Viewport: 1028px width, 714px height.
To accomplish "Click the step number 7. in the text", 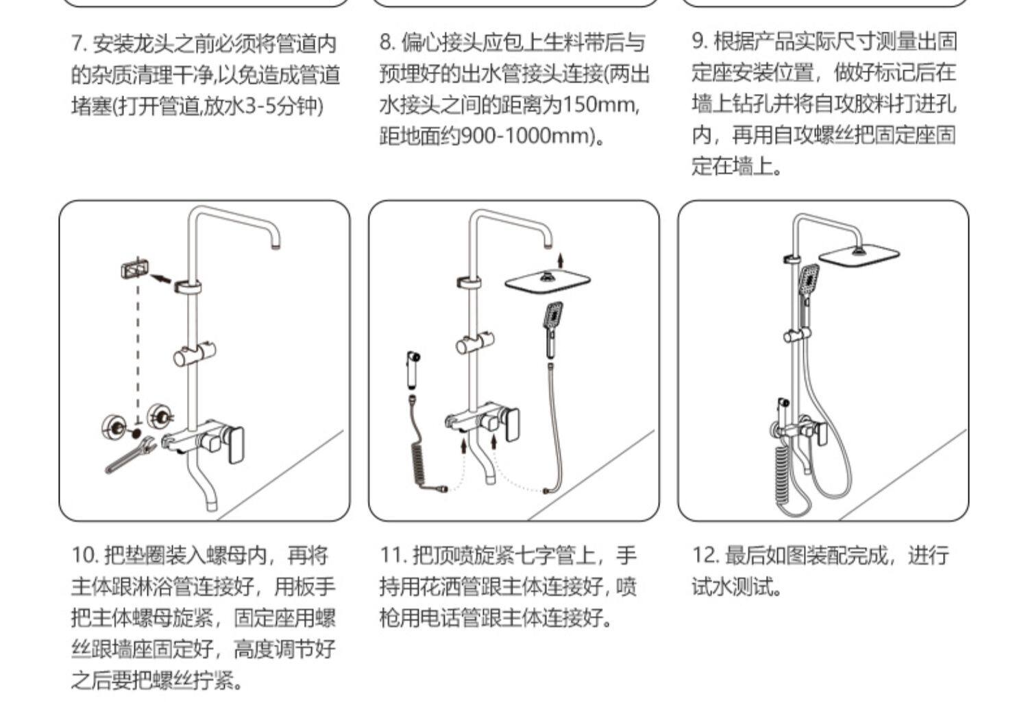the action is coord(79,45).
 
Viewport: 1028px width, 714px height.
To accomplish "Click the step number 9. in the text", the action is coord(699,42).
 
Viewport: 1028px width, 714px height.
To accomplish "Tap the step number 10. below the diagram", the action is coord(85,555).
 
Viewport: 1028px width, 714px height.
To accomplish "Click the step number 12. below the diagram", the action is coord(705,555).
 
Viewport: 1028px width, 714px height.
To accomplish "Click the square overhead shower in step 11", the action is coord(548,281).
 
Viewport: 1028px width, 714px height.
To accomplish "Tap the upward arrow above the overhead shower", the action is coord(561,259).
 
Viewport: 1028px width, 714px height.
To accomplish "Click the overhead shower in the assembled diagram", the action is coord(859,256).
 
